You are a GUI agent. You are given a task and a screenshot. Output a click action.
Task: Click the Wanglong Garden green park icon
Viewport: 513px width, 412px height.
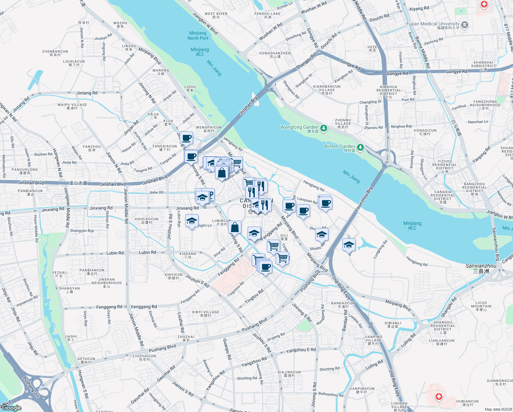[x=323, y=128]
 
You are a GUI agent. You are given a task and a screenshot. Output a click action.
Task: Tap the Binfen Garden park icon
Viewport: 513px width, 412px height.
[x=360, y=147]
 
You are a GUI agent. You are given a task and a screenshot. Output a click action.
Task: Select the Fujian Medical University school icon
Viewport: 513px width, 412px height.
[x=465, y=25]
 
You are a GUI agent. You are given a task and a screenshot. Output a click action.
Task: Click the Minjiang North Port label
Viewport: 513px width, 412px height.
[x=198, y=36]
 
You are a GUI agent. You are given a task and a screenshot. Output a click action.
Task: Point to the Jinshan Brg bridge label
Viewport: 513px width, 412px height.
[x=249, y=105]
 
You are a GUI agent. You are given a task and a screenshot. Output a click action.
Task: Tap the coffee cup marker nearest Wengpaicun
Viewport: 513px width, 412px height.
[x=186, y=138]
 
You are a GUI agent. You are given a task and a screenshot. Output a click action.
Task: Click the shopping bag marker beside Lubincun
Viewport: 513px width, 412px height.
[x=235, y=227]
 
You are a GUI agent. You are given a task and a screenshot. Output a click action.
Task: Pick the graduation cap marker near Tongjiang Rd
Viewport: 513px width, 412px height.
[x=349, y=245]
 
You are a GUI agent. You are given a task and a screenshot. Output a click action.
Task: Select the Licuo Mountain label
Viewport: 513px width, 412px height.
[x=481, y=305]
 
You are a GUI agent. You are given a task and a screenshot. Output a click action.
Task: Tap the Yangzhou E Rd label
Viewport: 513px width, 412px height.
[x=301, y=350]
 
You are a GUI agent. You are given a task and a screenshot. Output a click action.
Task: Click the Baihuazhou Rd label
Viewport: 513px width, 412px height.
[x=331, y=394]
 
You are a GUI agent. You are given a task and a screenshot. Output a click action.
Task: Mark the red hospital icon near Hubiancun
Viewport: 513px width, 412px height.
[x=439, y=397]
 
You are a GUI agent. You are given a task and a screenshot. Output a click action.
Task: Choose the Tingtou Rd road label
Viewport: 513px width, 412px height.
[x=254, y=296]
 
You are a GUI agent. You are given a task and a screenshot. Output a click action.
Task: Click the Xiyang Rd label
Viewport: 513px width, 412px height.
[x=419, y=8]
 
